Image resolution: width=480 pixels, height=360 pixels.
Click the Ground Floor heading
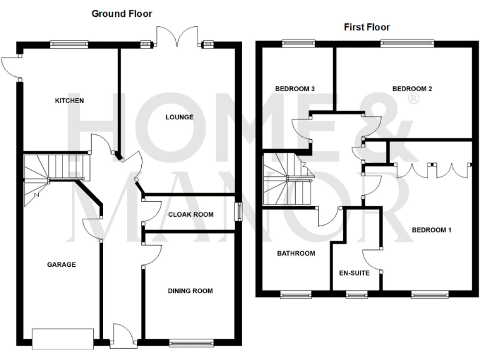pos(121,13)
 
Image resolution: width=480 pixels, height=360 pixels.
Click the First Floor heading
pos(367,27)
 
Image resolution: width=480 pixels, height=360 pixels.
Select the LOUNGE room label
pos(179,117)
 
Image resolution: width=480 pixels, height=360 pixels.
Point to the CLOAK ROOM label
pos(191,214)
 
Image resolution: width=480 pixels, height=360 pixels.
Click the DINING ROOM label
pos(191,291)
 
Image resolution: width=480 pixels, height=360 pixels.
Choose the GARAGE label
pos(61,264)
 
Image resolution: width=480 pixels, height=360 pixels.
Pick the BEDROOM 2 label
pos(412,89)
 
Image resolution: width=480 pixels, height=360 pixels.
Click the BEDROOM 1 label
pos(431,230)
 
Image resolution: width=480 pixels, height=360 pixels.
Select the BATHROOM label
pos(296,253)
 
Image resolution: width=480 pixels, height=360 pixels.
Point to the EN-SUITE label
pos(354,273)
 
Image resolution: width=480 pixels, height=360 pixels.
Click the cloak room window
pos(238,211)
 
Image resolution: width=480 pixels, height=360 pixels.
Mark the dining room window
pos(191,342)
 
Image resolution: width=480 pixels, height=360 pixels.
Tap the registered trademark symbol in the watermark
pos(413,99)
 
